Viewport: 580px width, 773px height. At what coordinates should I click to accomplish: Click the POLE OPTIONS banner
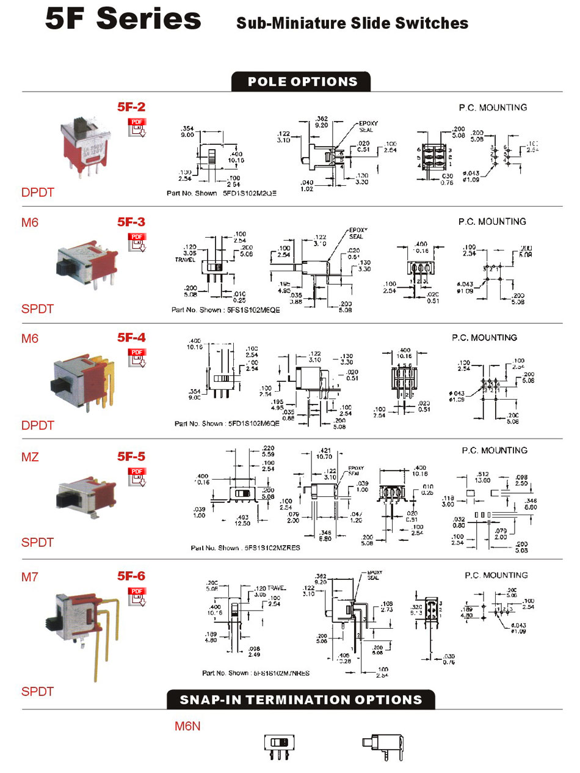tap(302, 82)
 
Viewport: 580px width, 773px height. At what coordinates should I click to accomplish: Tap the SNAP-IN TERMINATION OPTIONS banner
tap(301, 700)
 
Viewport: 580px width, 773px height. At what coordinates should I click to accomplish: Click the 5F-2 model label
tap(131, 107)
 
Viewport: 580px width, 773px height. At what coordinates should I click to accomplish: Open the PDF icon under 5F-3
tap(137, 242)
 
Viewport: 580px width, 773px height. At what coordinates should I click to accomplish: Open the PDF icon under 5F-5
tap(137, 477)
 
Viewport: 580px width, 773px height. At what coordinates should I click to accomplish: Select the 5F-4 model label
tap(131, 337)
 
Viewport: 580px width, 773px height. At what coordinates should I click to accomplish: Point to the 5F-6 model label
tap(131, 576)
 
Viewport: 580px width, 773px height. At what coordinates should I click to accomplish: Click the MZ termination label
tap(30, 456)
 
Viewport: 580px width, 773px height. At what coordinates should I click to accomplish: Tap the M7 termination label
tap(29, 576)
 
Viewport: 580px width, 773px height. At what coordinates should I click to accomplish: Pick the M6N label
tap(187, 726)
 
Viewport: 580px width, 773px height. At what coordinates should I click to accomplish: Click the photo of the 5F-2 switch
tap(87, 145)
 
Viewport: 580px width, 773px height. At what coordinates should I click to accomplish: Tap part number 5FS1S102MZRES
tap(272, 548)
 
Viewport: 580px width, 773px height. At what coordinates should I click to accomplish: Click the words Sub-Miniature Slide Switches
tap(352, 23)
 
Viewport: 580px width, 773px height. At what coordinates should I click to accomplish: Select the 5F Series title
tap(123, 18)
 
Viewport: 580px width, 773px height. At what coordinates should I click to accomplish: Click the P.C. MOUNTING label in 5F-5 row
tap(494, 450)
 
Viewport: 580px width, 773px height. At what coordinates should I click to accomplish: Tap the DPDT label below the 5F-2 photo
tap(38, 192)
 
